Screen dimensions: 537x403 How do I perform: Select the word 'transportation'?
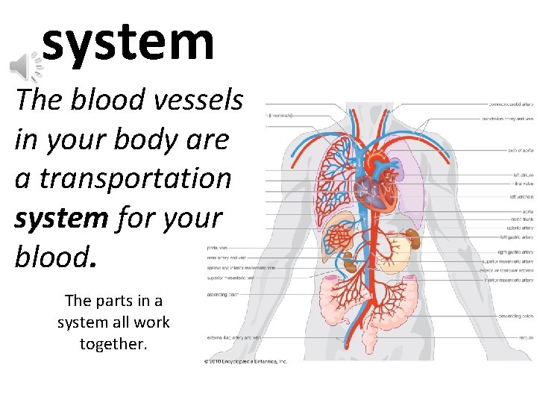point(135,179)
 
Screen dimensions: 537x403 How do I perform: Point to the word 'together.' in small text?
point(113,344)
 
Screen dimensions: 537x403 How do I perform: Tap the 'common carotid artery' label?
point(510,104)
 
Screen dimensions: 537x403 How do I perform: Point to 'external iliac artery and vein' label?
point(234,337)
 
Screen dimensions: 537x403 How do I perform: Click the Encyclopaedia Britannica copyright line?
point(245,361)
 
